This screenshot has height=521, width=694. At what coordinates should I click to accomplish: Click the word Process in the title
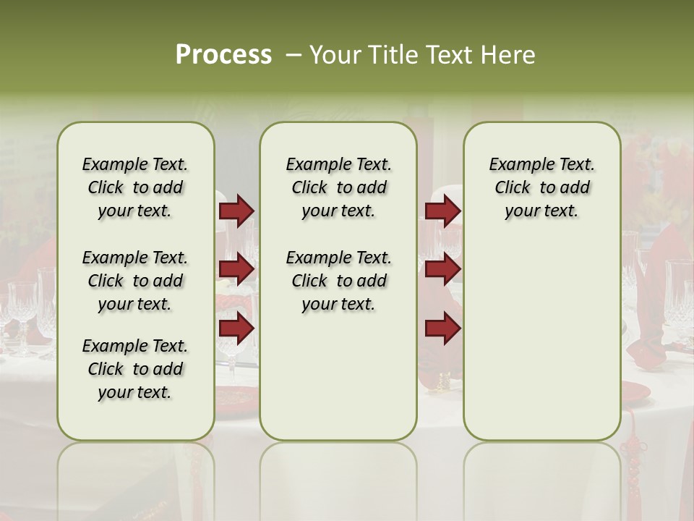pyautogui.click(x=223, y=55)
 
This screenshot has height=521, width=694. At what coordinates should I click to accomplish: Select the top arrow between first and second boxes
pyautogui.click(x=236, y=211)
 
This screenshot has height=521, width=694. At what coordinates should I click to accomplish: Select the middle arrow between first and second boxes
pyautogui.click(x=236, y=269)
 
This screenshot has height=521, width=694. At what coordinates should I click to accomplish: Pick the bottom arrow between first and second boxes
pyautogui.click(x=236, y=328)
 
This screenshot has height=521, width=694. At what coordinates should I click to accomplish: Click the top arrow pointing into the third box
pyautogui.click(x=442, y=211)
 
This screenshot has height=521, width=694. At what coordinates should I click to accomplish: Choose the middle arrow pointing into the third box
pyautogui.click(x=442, y=269)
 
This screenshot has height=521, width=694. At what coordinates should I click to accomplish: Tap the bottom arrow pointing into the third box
pyautogui.click(x=442, y=328)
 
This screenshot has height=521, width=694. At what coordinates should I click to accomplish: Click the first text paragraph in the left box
pyautogui.click(x=135, y=187)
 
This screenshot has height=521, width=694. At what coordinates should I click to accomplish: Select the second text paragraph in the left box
pyautogui.click(x=135, y=281)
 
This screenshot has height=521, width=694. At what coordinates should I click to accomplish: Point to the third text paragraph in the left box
pyautogui.click(x=135, y=369)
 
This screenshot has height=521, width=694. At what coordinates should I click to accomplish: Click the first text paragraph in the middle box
pyautogui.click(x=338, y=187)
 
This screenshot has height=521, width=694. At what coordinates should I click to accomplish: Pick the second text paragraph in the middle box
pyautogui.click(x=338, y=281)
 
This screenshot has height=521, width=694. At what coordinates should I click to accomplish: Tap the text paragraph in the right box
pyautogui.click(x=541, y=187)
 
